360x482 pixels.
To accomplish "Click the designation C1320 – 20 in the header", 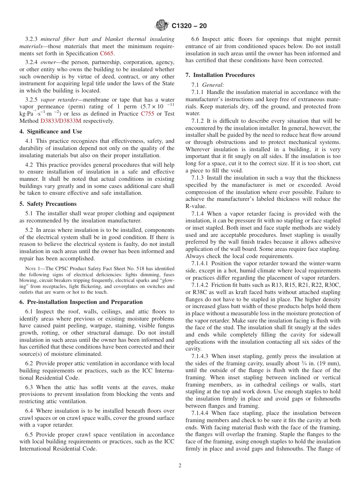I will point(189,26).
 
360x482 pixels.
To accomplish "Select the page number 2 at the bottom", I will point(180,466).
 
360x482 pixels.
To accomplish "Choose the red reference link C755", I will point(147,113).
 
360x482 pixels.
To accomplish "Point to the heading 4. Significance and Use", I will point(51,131).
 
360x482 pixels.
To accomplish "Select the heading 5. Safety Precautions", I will point(48,203).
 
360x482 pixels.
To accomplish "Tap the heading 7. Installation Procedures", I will point(220,75).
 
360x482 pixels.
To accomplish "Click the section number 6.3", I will point(29,387).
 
